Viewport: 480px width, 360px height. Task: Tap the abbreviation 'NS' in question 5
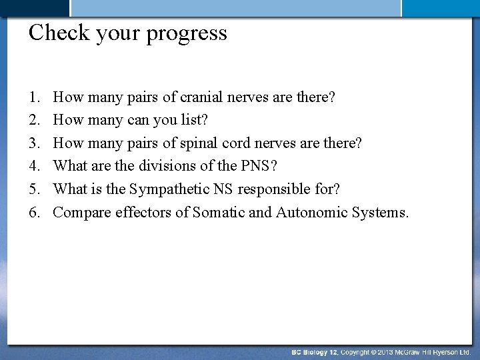click(x=222, y=189)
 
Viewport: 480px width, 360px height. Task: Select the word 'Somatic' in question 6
click(x=216, y=213)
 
